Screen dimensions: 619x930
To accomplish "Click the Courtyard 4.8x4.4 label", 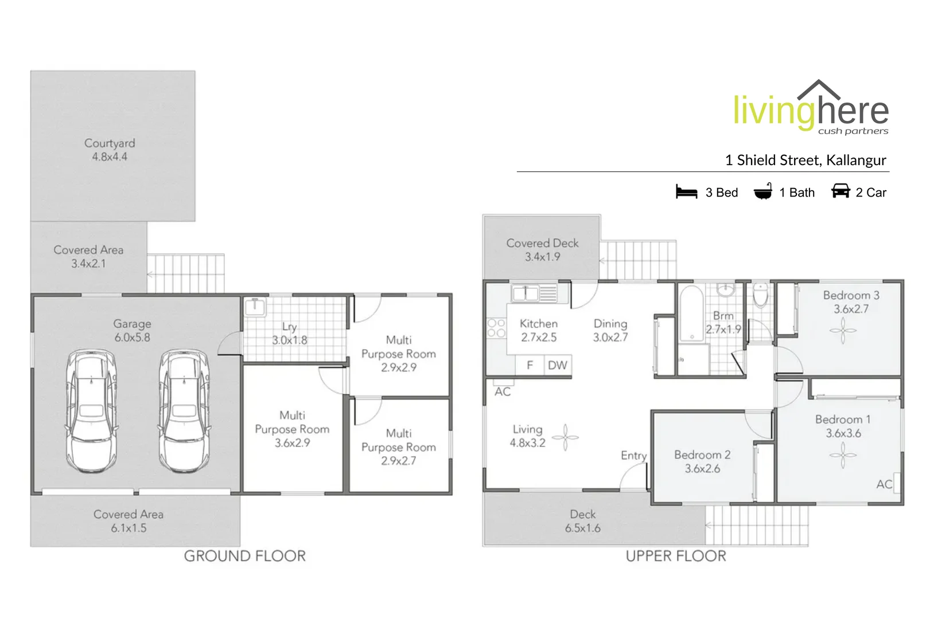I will click(110, 150).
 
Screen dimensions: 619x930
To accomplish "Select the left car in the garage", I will click(91, 410).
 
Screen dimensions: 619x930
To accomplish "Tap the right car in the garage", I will click(184, 410).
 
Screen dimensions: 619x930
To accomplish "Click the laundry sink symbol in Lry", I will click(255, 307).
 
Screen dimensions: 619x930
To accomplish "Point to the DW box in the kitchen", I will click(557, 365).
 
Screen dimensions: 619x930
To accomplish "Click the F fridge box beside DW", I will click(530, 365).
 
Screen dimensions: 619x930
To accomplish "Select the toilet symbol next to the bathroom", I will click(760, 295).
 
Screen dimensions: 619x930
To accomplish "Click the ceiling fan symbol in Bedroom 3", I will click(843, 331).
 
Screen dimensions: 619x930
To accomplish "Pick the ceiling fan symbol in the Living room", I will click(565, 437).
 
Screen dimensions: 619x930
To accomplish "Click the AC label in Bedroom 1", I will click(884, 484).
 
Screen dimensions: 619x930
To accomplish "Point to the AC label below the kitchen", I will click(503, 391).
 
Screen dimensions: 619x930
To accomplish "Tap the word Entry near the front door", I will click(633, 455).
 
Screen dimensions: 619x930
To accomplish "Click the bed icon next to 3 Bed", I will click(686, 192).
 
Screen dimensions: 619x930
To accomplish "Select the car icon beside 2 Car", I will click(840, 191).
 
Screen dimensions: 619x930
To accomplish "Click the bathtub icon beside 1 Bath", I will click(762, 192).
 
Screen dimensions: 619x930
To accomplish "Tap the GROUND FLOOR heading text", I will click(245, 555).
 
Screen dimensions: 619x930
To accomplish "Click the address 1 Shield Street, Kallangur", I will click(805, 160).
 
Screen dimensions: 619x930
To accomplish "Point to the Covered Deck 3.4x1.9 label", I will click(542, 250).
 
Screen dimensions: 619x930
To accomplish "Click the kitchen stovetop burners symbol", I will click(496, 328).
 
